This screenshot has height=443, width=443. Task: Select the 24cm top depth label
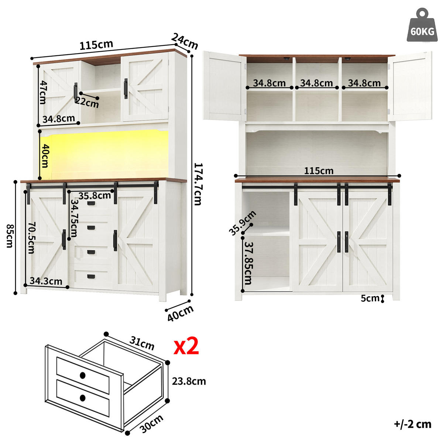tap(185, 41)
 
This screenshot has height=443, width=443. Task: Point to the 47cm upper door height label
tap(43, 92)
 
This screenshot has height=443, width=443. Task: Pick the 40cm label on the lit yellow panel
tap(45, 155)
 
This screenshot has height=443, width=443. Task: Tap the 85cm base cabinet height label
tap(10, 237)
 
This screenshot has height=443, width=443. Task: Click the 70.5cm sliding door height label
tap(31, 237)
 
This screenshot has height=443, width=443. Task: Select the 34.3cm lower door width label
tap(46, 281)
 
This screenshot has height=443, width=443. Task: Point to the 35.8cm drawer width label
tap(95, 195)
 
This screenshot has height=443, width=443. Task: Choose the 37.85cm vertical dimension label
tap(248, 263)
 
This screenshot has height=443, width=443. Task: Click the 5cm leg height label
tap(370, 298)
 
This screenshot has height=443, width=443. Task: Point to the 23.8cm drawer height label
tap(189, 381)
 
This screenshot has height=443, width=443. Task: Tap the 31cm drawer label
tap(142, 343)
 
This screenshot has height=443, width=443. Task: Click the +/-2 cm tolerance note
tap(412, 424)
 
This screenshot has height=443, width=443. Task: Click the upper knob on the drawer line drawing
tap(82, 375)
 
